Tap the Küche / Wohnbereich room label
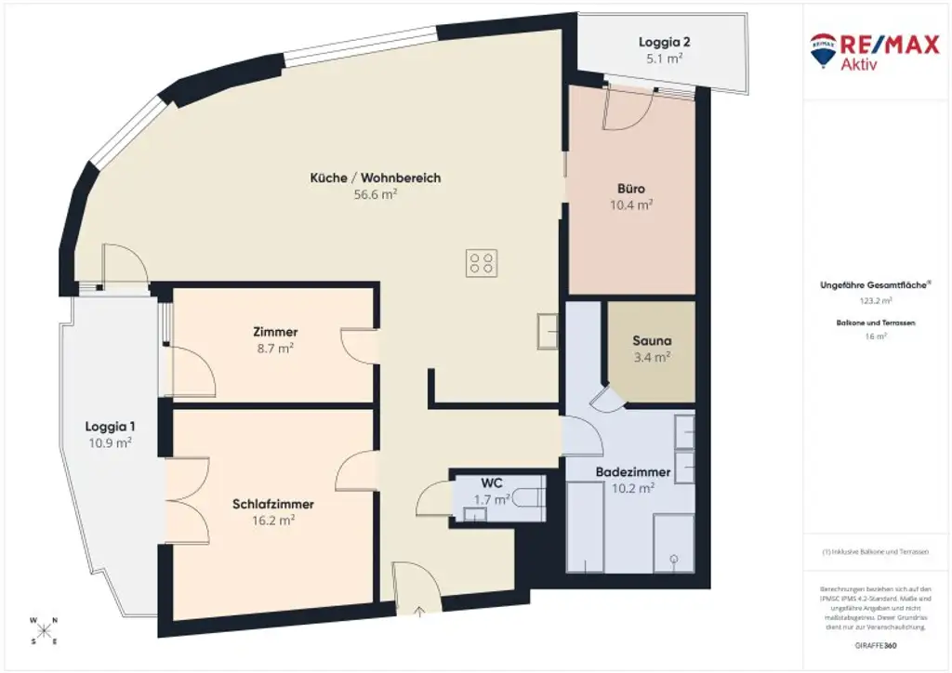[x=376, y=178]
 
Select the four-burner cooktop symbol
[x=482, y=263]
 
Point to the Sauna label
[x=651, y=340]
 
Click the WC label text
[x=492, y=483]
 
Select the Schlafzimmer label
[x=273, y=504]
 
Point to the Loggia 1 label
[x=110, y=427]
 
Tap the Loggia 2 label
[x=664, y=42]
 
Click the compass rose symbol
[x=43, y=629]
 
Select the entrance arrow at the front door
[x=416, y=611]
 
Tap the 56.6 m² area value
[x=376, y=194]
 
